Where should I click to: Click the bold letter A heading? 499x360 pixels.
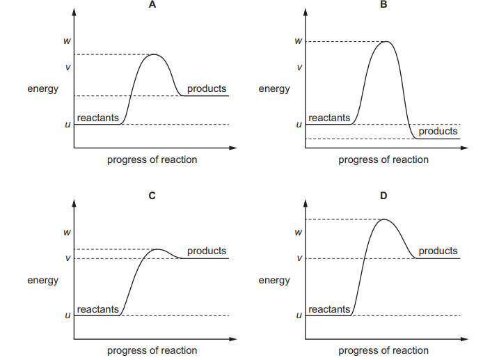[152, 6]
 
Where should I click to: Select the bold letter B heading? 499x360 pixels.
[383, 6]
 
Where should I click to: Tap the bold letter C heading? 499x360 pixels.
[152, 196]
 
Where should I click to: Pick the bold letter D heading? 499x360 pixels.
[383, 196]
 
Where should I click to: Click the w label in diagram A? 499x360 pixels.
[68, 41]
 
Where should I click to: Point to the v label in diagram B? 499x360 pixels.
[299, 68]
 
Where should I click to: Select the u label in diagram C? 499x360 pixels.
[68, 315]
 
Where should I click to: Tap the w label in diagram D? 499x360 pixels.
[299, 232]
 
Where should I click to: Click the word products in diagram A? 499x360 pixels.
[207, 88]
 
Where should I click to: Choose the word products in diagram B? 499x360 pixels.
[438, 131]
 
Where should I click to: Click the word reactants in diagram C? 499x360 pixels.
[97, 309]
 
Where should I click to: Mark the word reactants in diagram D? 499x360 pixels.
[329, 309]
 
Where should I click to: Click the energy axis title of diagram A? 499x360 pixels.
[43, 89]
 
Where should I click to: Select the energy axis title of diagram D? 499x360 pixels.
[274, 280]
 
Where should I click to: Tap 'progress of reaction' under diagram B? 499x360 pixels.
[383, 159]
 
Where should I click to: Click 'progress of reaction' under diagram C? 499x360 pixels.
[152, 350]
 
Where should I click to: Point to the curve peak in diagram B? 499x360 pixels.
[385, 42]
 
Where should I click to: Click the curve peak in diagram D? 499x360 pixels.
[384, 219]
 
